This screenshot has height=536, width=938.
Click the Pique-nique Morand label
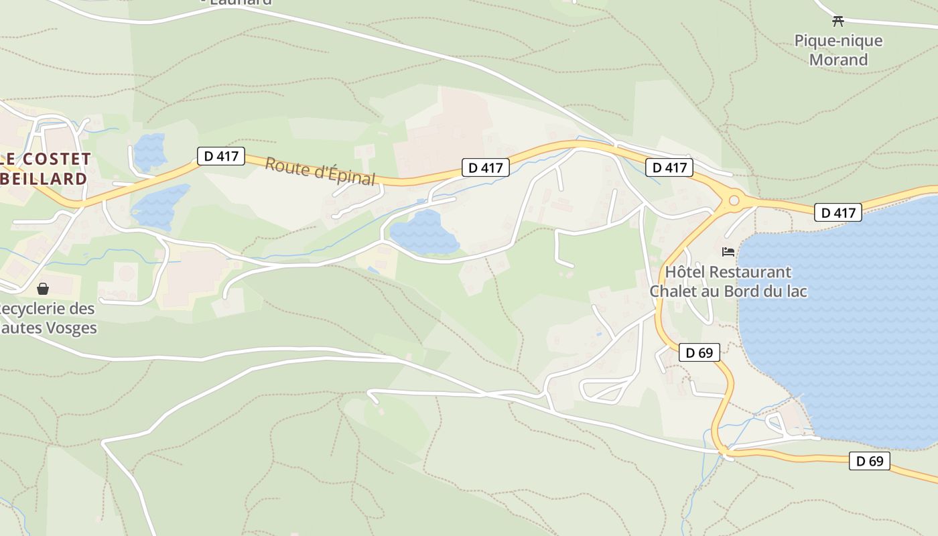click(x=838, y=50)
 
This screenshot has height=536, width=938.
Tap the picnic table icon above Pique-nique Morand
click(x=837, y=21)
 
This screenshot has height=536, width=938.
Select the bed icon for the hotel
click(x=728, y=252)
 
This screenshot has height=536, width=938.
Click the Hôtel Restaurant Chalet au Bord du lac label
click(x=728, y=281)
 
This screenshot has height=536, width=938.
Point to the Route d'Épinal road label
click(x=320, y=172)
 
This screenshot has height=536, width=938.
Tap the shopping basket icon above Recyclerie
click(x=43, y=289)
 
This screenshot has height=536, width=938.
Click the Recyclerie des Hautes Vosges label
click(x=47, y=319)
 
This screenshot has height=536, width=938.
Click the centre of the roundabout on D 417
click(x=734, y=200)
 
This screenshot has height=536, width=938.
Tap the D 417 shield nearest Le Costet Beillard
click(x=221, y=156)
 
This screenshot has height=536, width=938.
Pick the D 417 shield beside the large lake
click(x=838, y=213)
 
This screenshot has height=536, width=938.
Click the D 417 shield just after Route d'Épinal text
click(x=485, y=167)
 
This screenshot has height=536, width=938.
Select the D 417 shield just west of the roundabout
click(x=669, y=167)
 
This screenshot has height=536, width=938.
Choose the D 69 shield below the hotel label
click(x=699, y=352)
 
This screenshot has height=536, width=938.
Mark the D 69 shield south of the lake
click(x=869, y=461)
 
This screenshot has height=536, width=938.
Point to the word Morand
click(x=838, y=60)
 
